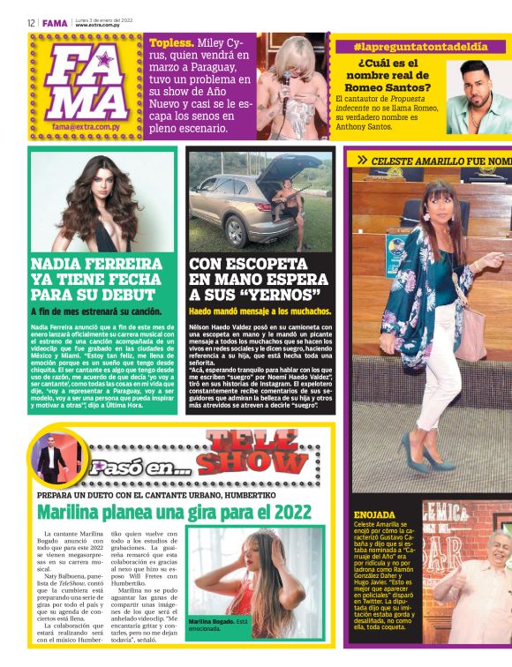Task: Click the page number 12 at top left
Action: click(x=30, y=23)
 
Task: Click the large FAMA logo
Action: click(x=85, y=83)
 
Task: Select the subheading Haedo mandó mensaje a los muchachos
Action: click(x=260, y=312)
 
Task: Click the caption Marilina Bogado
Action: click(x=211, y=622)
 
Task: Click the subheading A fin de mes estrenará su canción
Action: click(x=96, y=311)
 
